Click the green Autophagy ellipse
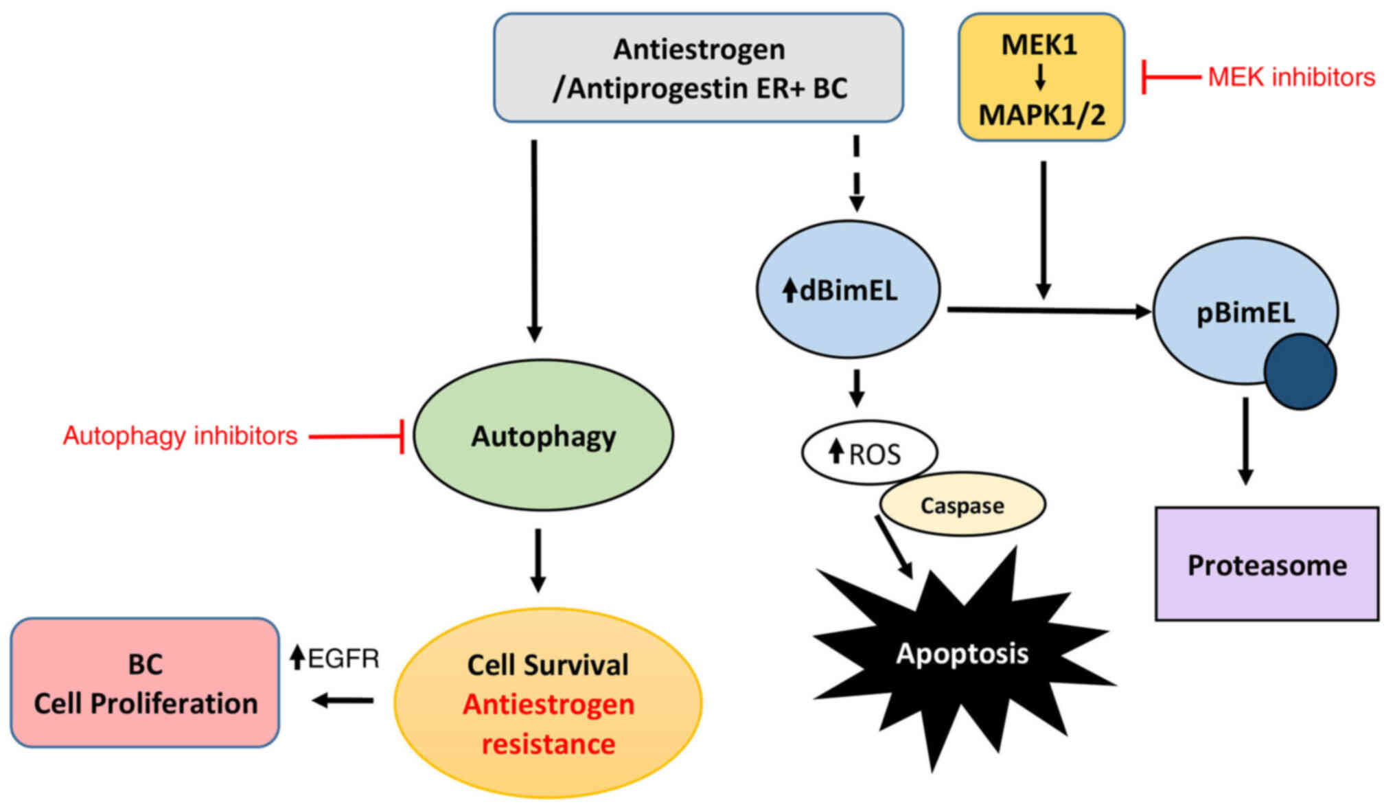pos(543,435)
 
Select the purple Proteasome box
pos(1267,565)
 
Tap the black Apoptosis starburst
pos(962,654)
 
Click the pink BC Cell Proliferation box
pos(145,683)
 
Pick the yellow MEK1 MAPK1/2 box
pos(1041,78)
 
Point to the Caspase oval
pos(962,505)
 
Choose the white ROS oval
pos(869,453)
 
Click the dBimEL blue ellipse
pos(848,290)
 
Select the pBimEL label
pos(1245,313)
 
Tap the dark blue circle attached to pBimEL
pos(1300,372)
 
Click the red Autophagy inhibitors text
pos(181,436)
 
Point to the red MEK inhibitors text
pos(1291,77)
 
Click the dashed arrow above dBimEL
pos(856,173)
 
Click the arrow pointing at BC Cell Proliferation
pos(343,700)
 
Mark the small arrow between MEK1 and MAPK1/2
pos(1040,78)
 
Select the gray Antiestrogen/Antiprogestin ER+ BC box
pos(698,68)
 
